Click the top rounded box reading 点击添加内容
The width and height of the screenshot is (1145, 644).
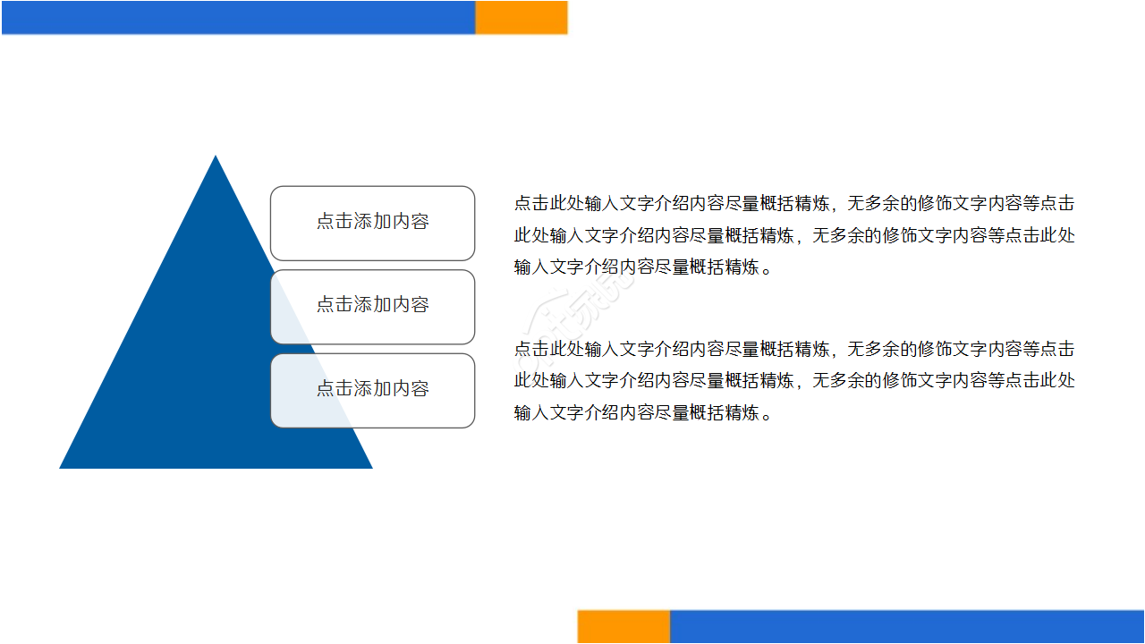pos(372,223)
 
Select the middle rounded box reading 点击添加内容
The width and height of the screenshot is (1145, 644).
pos(372,306)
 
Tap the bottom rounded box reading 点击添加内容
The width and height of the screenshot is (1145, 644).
pos(372,390)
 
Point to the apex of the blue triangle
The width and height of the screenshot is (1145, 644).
pos(216,157)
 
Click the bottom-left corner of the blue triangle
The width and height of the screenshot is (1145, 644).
pos(62,467)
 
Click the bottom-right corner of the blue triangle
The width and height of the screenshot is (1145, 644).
pos(370,467)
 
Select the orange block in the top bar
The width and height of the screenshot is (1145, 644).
pos(521,17)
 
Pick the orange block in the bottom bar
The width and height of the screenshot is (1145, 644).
pos(623,626)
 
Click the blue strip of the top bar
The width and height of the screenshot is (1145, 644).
pos(238,17)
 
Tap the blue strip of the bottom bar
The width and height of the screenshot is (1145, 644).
pos(906,626)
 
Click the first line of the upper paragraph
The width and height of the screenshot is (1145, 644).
pos(793,203)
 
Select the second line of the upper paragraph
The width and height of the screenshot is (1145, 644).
pos(793,235)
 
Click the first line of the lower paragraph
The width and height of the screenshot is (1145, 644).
pos(793,349)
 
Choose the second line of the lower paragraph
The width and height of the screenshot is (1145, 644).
pos(793,381)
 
